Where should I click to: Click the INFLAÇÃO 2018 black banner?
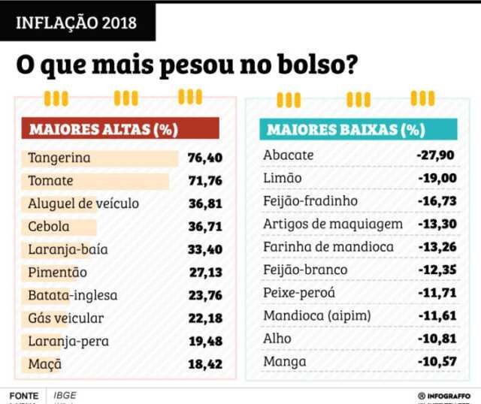coord(77,22)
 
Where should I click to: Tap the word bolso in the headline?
coord(310,65)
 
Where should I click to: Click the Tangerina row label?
coord(59,158)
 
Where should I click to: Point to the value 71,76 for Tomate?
coord(206,181)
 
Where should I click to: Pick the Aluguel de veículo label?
coord(83,204)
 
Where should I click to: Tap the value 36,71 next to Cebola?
coord(206,227)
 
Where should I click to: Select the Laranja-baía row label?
coord(68,249)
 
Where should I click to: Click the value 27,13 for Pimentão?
coord(206,273)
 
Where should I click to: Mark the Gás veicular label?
coord(66,318)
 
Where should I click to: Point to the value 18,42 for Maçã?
coord(206,364)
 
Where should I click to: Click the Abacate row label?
coord(288,155)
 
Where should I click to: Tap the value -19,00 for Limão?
coord(436,178)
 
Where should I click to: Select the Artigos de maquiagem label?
coord(333,224)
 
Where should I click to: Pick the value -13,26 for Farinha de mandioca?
coord(436,247)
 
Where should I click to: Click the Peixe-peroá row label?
coord(299,293)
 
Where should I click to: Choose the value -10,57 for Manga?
coord(436,362)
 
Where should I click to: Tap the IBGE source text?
coord(65,395)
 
